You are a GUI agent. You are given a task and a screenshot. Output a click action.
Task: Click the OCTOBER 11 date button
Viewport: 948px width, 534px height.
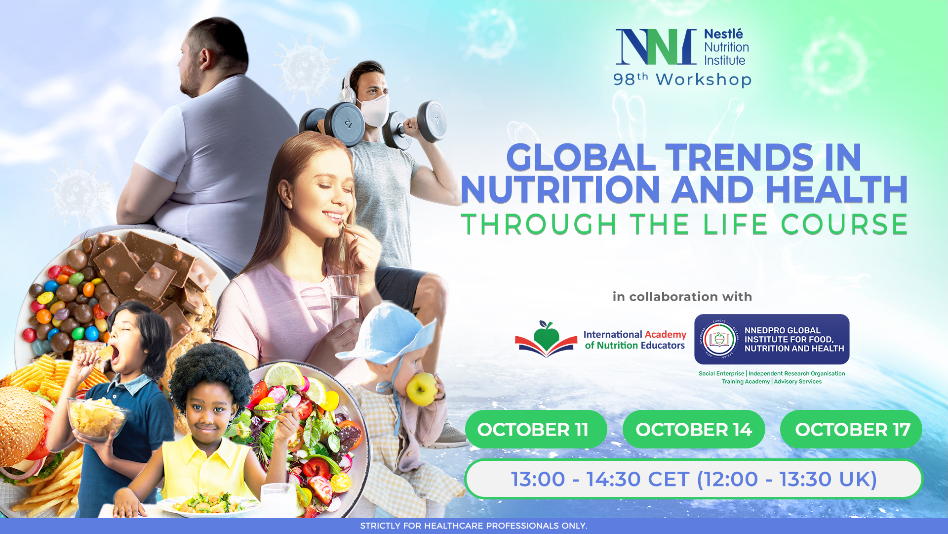coord(536,429)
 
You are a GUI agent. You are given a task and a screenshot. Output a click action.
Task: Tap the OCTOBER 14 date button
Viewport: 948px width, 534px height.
coord(694,429)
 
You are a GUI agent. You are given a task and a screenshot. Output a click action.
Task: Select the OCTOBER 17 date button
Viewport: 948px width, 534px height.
coord(851,429)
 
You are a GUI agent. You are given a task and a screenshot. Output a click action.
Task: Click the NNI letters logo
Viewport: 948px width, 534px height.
coord(656,47)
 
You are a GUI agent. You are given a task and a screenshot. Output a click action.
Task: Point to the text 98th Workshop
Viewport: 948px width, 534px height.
coord(682,79)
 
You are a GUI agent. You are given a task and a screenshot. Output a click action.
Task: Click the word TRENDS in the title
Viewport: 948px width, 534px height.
coord(739,158)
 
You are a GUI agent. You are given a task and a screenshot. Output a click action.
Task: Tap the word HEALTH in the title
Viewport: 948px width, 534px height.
coord(836,189)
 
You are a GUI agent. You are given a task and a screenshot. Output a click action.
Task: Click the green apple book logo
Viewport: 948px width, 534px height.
coord(546,339)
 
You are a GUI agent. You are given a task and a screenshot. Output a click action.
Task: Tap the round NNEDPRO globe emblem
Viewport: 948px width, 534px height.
coord(719,339)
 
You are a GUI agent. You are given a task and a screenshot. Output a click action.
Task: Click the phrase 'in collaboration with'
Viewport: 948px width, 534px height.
coord(682,297)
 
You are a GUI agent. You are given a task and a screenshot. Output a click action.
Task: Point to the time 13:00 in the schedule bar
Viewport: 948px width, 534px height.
coord(538,479)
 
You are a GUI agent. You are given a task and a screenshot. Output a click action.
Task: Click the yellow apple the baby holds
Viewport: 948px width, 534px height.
coord(421,389)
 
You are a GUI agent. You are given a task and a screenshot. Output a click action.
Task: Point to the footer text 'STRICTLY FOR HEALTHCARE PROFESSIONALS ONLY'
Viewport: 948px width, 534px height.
coord(474,526)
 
